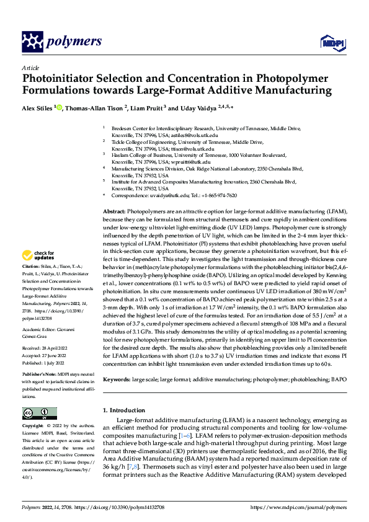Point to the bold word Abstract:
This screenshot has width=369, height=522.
coord(115,212)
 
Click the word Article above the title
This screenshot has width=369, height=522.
coord(30,67)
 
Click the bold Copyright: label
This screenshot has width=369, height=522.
coord(34,426)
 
